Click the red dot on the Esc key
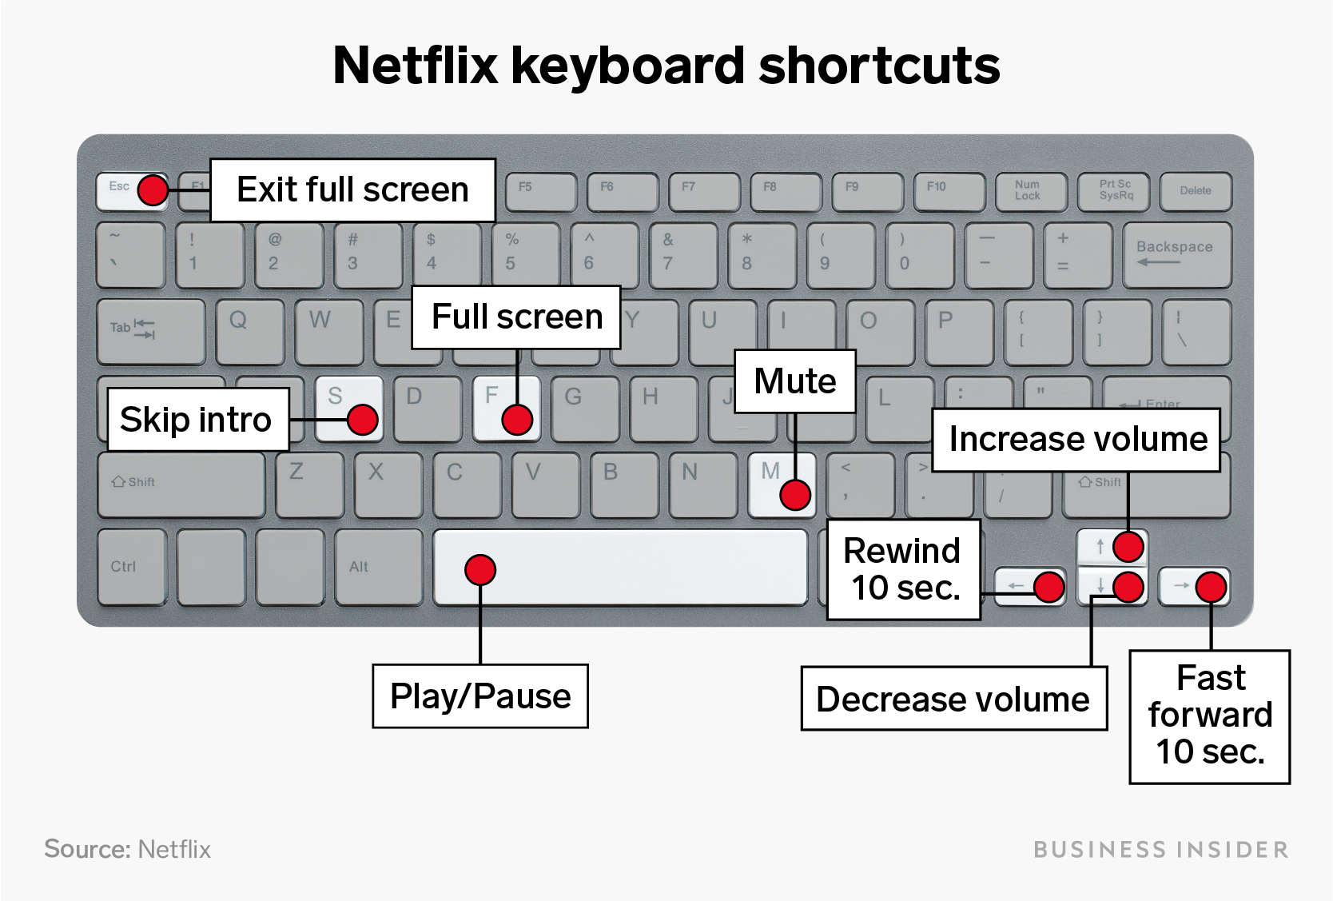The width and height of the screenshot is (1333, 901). tap(153, 190)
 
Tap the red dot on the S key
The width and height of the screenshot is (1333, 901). tap(362, 419)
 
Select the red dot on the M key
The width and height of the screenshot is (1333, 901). tap(795, 495)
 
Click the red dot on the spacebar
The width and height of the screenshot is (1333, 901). tap(480, 570)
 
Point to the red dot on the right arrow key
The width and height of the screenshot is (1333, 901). tap(1211, 587)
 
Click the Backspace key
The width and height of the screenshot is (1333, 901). tap(1176, 255)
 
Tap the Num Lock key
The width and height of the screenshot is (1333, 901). tap(1031, 192)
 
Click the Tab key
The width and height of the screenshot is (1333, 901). tap(151, 332)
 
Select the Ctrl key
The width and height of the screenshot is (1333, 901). tap(132, 567)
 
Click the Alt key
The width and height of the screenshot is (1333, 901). tap(379, 567)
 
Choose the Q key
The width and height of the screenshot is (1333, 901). tap(250, 332)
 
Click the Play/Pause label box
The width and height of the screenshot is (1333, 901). tap(480, 696)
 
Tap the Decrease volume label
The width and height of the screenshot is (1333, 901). tap(954, 699)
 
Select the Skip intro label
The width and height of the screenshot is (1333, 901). tap(198, 419)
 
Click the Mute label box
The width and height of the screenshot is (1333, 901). tap(795, 381)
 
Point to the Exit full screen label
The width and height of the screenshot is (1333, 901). tap(353, 190)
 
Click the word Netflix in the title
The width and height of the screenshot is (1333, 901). tap(416, 66)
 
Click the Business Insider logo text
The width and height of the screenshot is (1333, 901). tap(1161, 850)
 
